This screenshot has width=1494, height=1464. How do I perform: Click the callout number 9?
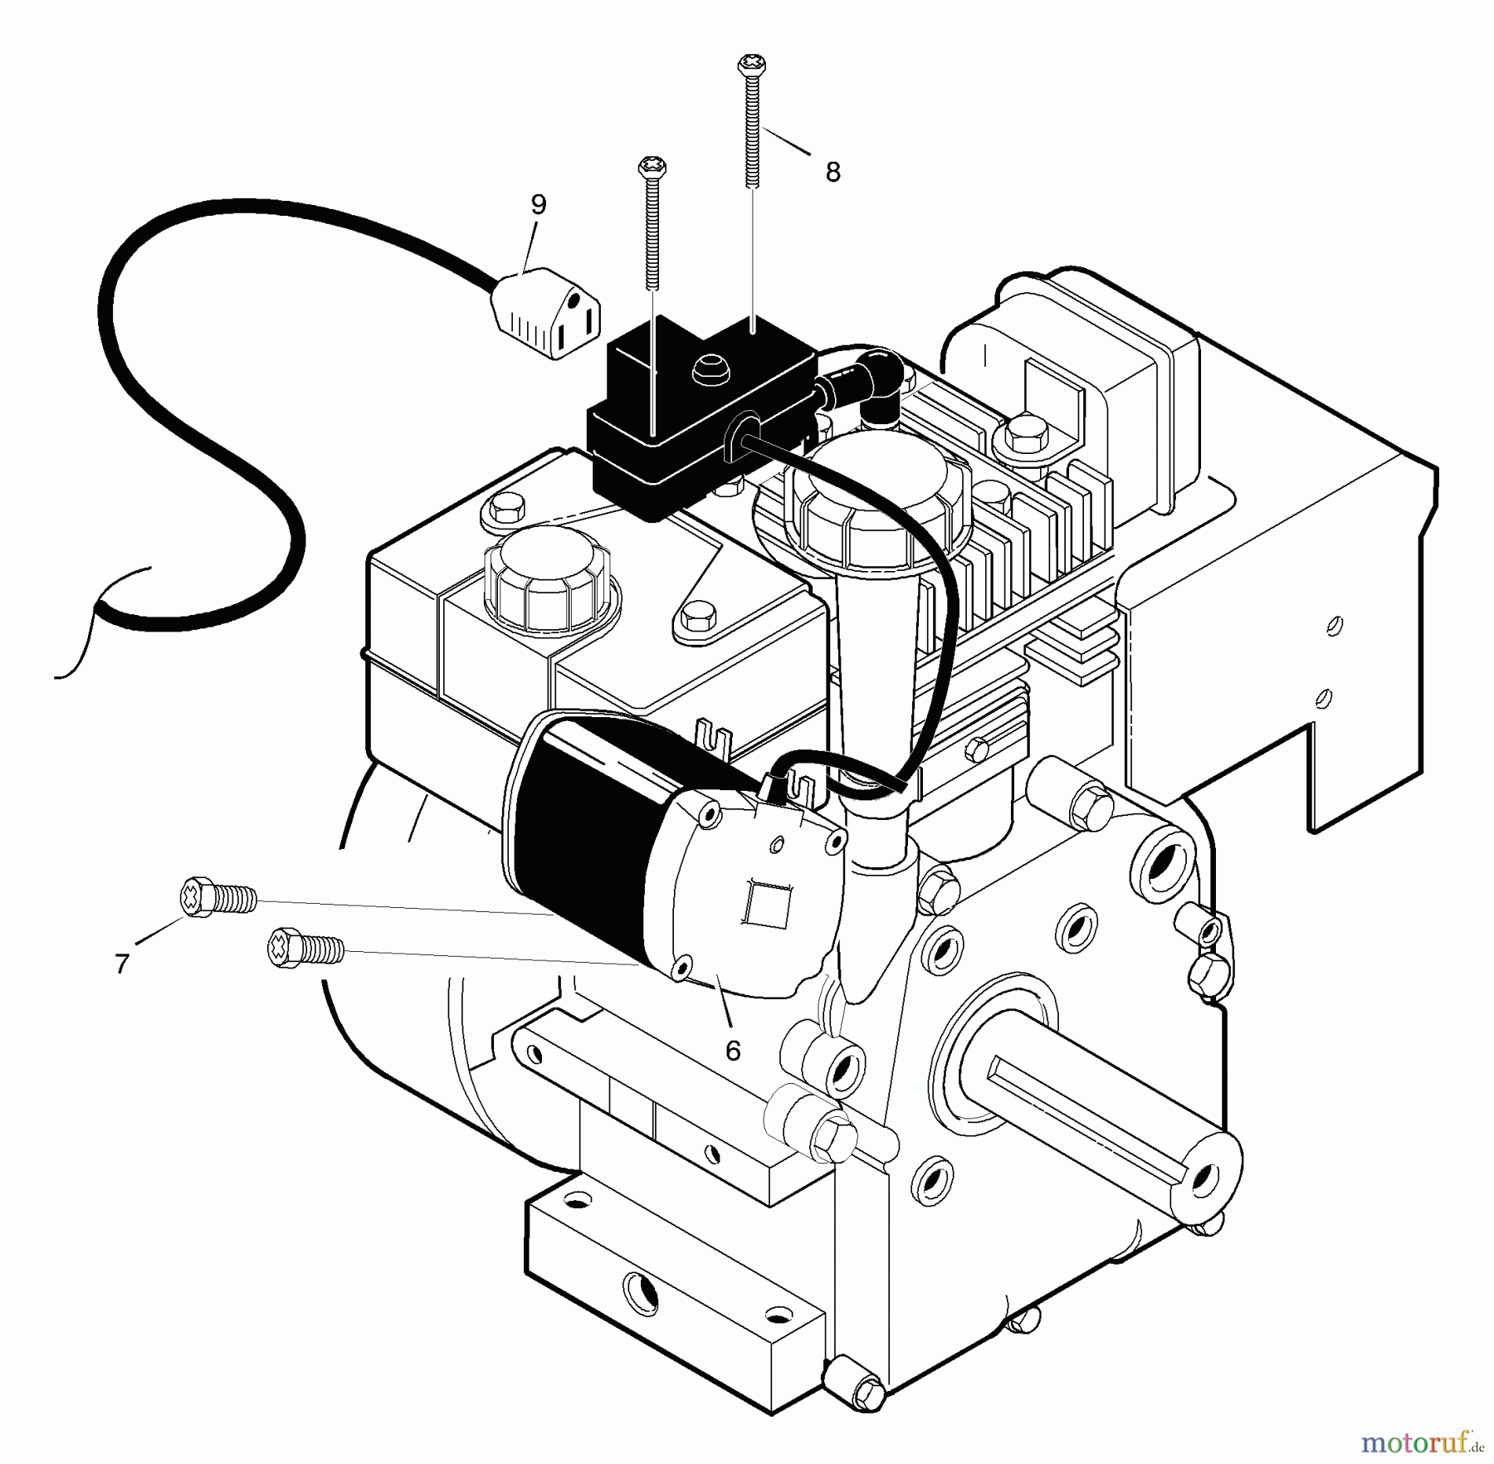click(539, 204)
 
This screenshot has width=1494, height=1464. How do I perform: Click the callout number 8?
click(832, 173)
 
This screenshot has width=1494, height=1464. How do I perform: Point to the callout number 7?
click(122, 964)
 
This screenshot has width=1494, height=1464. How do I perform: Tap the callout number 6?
click(732, 1051)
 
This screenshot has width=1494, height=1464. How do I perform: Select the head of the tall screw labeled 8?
click(750, 63)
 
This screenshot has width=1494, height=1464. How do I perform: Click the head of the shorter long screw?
click(652, 168)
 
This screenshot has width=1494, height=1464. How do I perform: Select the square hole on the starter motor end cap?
click(762, 901)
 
